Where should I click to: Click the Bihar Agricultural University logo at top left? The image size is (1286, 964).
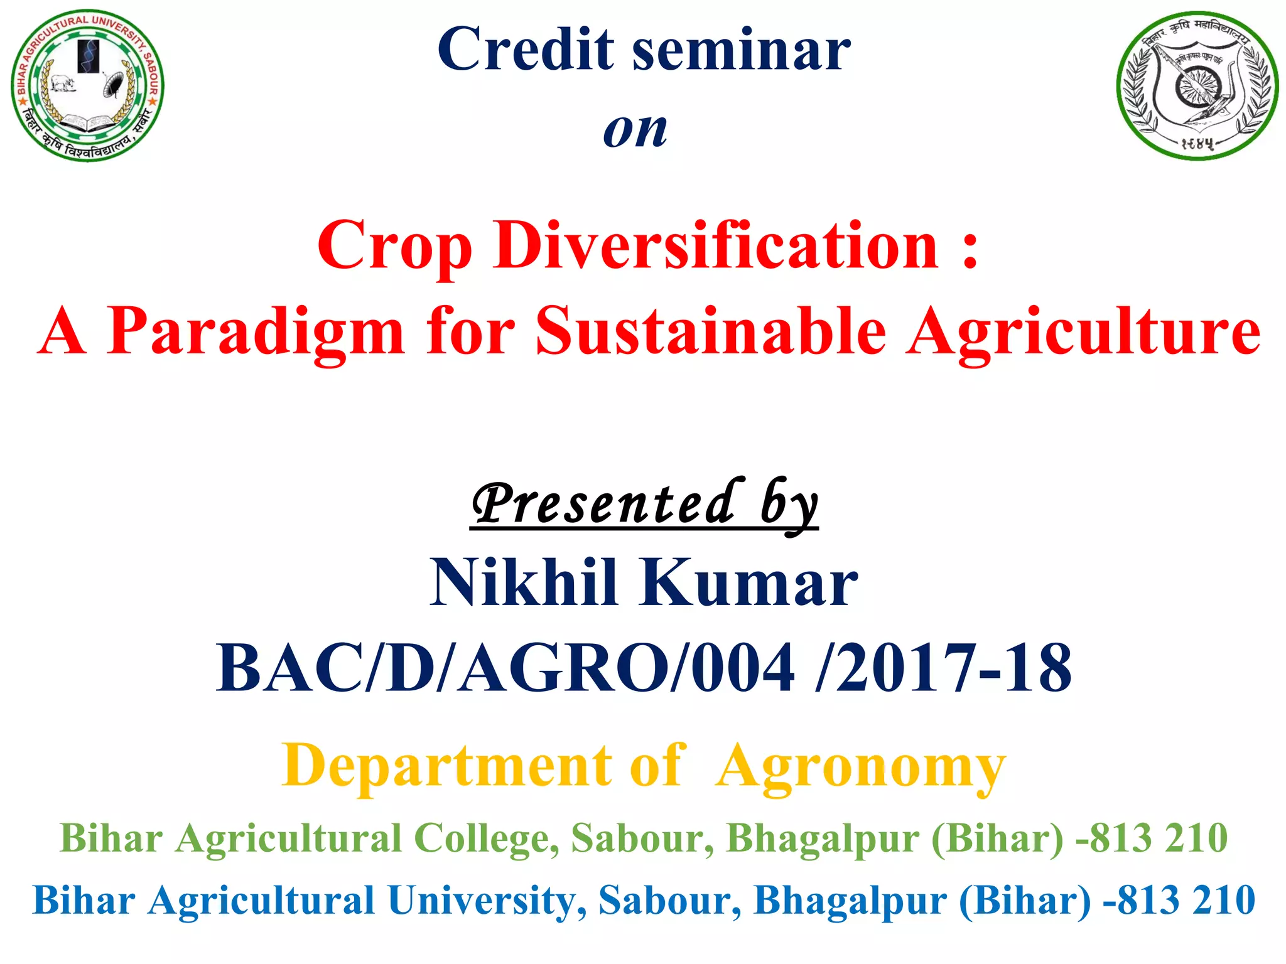(x=87, y=85)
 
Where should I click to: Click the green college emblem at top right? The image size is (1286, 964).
(x=1197, y=86)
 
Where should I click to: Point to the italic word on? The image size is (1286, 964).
(x=635, y=131)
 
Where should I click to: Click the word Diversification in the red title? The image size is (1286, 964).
(x=715, y=246)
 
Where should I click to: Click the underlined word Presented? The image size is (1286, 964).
(x=603, y=504)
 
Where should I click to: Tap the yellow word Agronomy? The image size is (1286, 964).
(x=861, y=767)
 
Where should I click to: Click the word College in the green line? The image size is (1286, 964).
(x=485, y=838)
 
